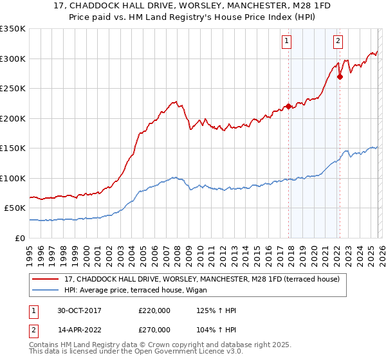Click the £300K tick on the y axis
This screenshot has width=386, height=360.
(x=13, y=59)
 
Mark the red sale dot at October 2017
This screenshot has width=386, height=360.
(x=288, y=106)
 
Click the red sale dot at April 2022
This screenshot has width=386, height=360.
(x=340, y=76)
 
